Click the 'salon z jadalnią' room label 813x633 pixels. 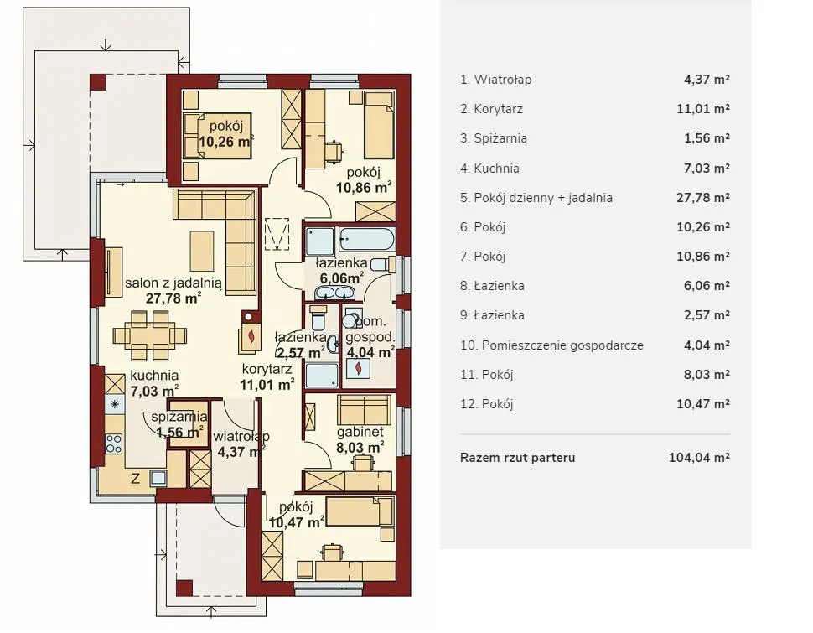pyautogui.click(x=173, y=283)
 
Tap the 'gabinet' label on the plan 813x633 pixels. pyautogui.click(x=360, y=432)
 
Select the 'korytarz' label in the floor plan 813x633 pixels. pyautogui.click(x=267, y=369)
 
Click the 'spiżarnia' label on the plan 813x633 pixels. pyautogui.click(x=179, y=417)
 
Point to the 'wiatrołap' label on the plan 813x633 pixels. pyautogui.click(x=241, y=437)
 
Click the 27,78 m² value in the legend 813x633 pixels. pyautogui.click(x=703, y=198)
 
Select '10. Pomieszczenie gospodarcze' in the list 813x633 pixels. pyautogui.click(x=551, y=345)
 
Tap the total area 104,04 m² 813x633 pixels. pyautogui.click(x=700, y=458)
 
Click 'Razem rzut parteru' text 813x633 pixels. pyautogui.click(x=517, y=458)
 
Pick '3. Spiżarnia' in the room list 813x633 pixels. pyautogui.click(x=494, y=138)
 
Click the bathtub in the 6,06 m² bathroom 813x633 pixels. pyautogui.click(x=366, y=240)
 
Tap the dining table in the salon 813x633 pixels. pyautogui.click(x=149, y=335)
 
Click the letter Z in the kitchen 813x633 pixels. pyautogui.click(x=135, y=479)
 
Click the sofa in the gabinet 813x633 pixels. pyautogui.click(x=364, y=410)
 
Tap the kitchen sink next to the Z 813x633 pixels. pyautogui.click(x=158, y=477)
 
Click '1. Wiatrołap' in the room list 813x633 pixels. pyautogui.click(x=495, y=80)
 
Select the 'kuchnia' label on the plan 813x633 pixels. pyautogui.click(x=154, y=375)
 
